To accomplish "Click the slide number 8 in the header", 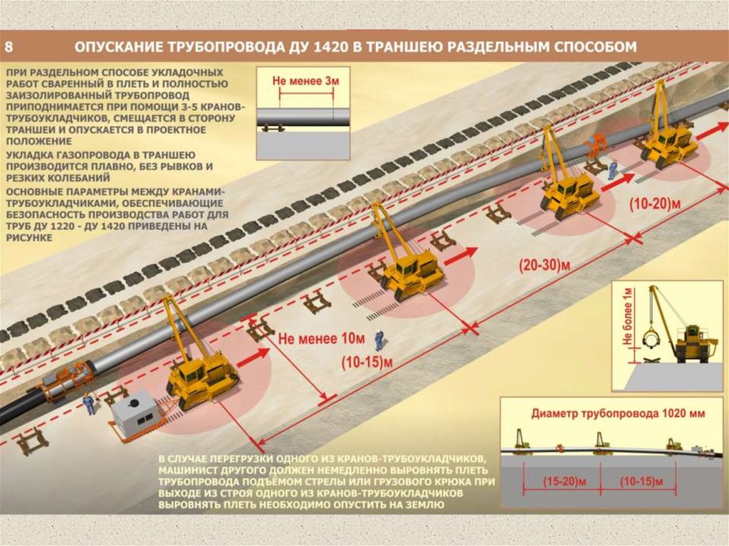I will (9, 48).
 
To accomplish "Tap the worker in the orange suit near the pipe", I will (593, 147).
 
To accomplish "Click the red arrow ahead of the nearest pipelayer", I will (253, 357).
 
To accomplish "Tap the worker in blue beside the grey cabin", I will (88, 404).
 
